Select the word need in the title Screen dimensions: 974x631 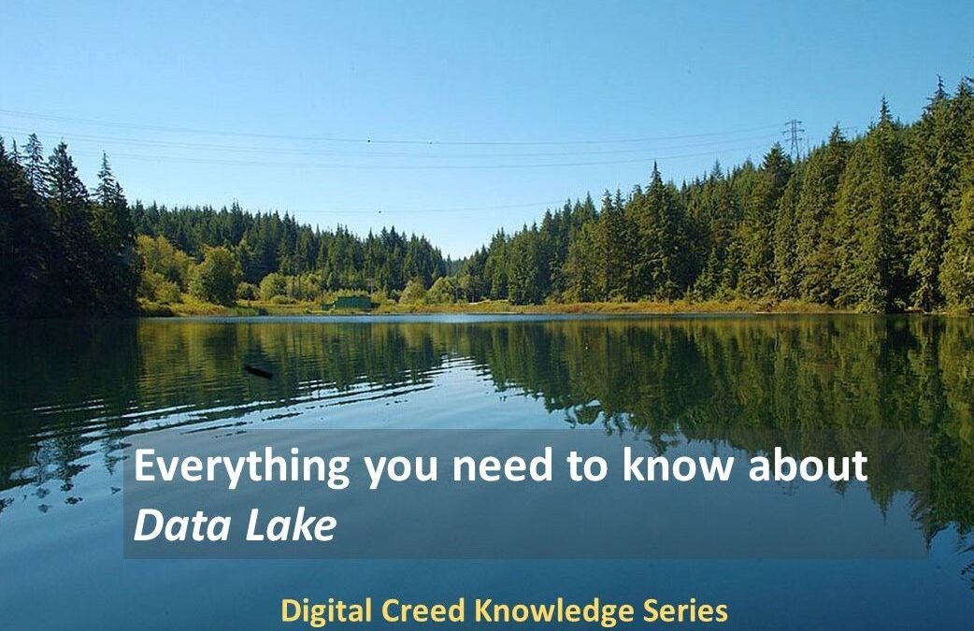(x=503, y=465)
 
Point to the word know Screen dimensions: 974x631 (x=678, y=465)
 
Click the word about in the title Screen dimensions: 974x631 (x=808, y=465)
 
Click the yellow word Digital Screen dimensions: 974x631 (x=327, y=611)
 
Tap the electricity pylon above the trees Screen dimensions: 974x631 (x=794, y=137)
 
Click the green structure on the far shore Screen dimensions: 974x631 (x=352, y=303)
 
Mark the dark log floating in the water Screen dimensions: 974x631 (x=258, y=371)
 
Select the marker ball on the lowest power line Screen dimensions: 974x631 (x=379, y=212)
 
